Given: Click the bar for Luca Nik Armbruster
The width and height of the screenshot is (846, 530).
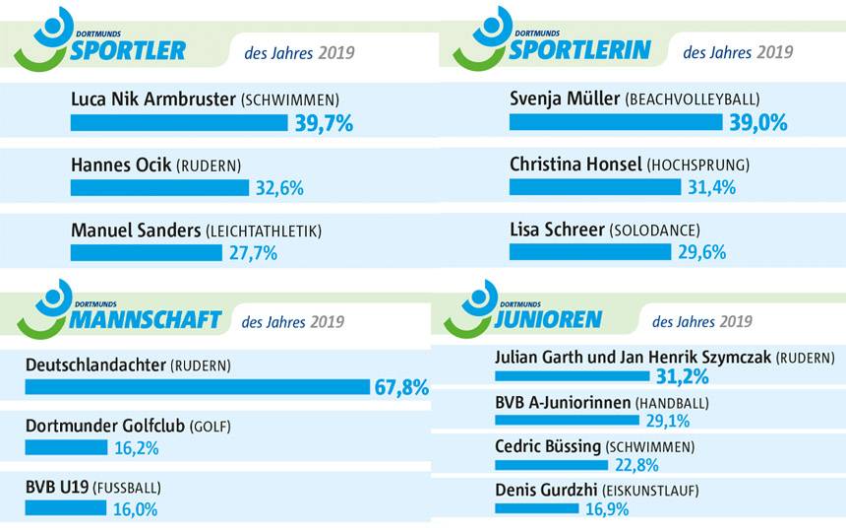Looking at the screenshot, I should pyautogui.click(x=180, y=123).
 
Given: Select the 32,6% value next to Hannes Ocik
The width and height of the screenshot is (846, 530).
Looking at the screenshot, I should pyautogui.click(x=280, y=188).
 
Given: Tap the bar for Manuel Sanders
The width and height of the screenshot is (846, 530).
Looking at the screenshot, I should pyautogui.click(x=147, y=253).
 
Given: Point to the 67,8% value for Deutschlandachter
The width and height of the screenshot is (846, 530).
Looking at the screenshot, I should pyautogui.click(x=401, y=387).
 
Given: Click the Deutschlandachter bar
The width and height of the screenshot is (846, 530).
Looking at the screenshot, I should pyautogui.click(x=197, y=387).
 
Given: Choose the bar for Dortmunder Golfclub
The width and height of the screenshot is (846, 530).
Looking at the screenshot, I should pyautogui.click(x=66, y=448).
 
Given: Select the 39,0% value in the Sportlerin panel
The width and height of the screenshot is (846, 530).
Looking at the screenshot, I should pyautogui.click(x=758, y=122).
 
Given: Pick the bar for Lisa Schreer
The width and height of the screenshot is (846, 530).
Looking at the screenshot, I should pyautogui.click(x=590, y=252).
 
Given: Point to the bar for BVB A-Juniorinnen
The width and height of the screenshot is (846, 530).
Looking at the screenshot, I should pyautogui.click(x=569, y=422).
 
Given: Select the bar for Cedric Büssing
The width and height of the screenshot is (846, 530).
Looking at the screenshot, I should pyautogui.click(x=552, y=465).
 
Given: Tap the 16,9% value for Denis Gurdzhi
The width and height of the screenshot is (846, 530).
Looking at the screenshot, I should pyautogui.click(x=606, y=509).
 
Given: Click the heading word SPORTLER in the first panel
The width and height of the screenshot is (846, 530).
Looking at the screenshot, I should pyautogui.click(x=128, y=50).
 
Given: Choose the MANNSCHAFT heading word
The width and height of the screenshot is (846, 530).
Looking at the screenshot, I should pyautogui.click(x=146, y=319).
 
